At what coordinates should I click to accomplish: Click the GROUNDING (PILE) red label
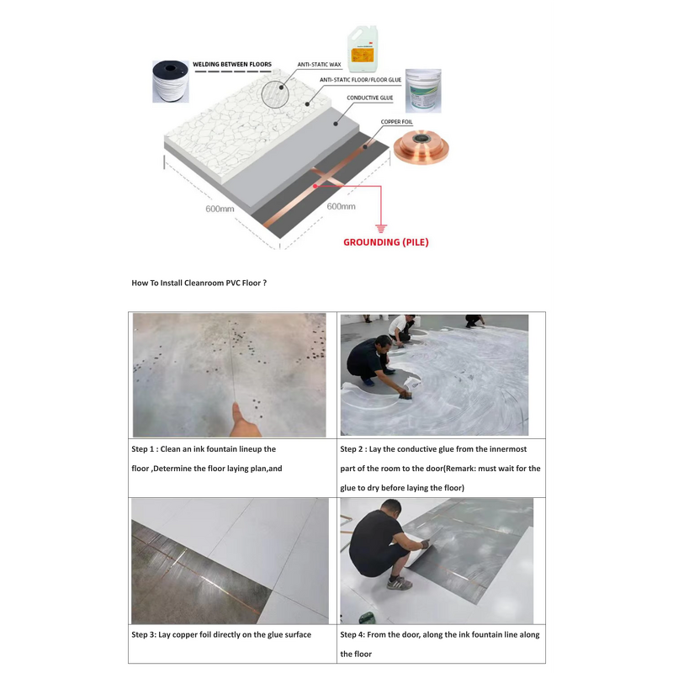386,242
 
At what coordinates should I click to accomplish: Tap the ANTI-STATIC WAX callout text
317,64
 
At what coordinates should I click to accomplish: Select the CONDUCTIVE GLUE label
370,98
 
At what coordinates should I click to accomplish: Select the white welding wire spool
172,81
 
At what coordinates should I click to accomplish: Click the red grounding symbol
380,226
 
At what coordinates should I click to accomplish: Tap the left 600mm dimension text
220,209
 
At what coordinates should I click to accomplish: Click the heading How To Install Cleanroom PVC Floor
199,284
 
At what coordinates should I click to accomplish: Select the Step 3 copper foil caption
221,634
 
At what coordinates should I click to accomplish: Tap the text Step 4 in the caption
353,634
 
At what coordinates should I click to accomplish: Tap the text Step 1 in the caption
145,449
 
